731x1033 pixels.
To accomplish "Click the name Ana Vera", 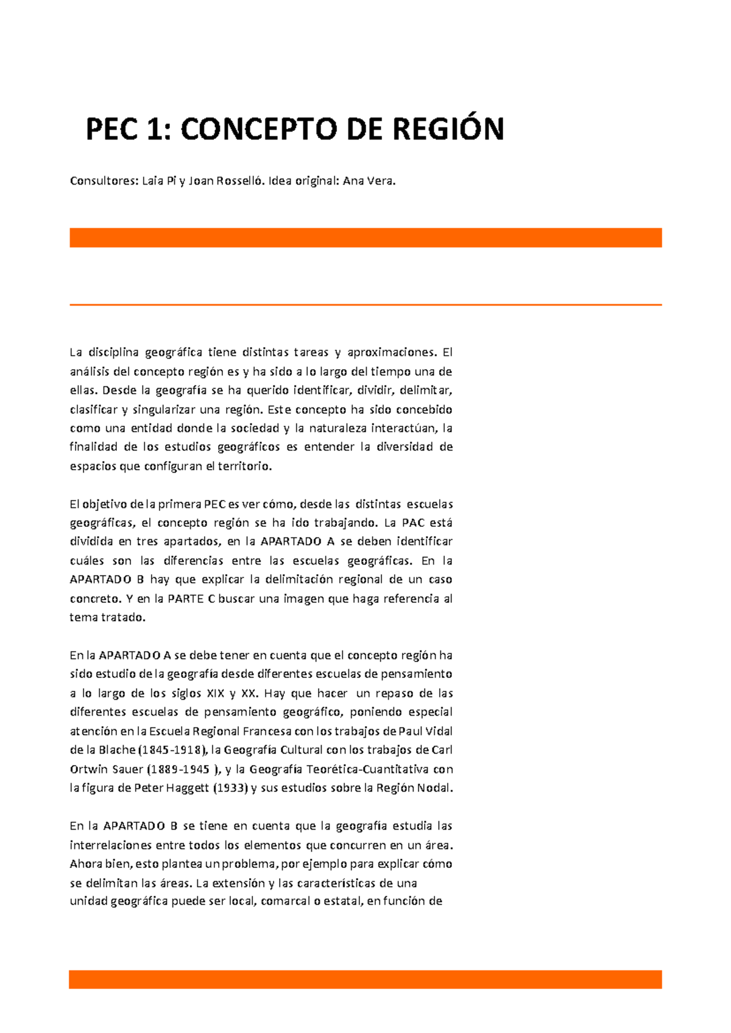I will point(369,181).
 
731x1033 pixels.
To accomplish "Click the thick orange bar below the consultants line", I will point(365,238).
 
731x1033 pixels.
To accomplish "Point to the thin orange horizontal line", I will point(365,305).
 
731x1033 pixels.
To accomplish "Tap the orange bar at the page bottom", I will point(365,979).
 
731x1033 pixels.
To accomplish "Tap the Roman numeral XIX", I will point(216,693).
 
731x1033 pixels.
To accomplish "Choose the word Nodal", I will point(434,788).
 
